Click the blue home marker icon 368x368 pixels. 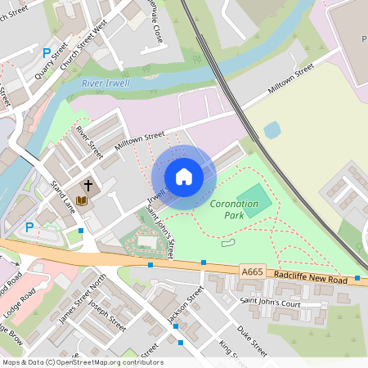click(x=184, y=176)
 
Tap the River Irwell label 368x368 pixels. click(x=105, y=83)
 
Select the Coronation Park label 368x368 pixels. click(x=234, y=209)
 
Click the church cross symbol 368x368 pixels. click(x=88, y=186)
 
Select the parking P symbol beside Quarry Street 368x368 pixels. click(x=47, y=52)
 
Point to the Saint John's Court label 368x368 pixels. click(x=271, y=303)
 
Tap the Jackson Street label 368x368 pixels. click(x=184, y=304)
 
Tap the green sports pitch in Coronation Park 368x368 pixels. click(x=257, y=200)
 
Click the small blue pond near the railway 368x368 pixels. click(x=272, y=129)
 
